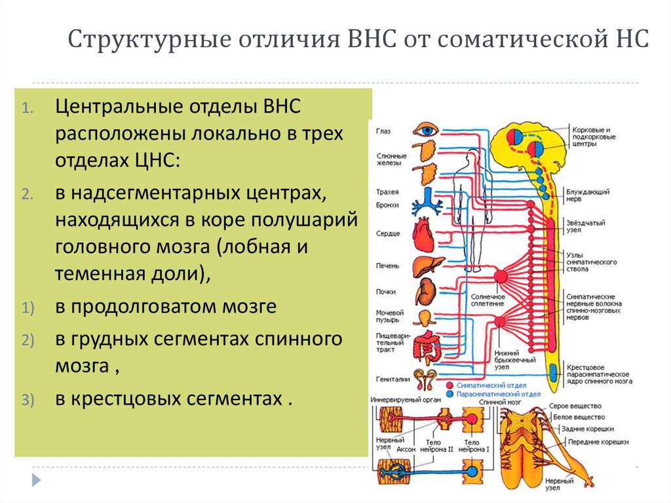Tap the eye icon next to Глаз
pyautogui.click(x=427, y=130)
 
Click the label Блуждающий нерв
pyautogui.click(x=588, y=195)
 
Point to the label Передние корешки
pyautogui.click(x=598, y=442)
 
